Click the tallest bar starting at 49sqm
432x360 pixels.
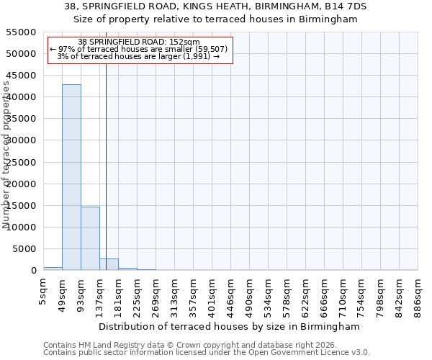click(x=71, y=177)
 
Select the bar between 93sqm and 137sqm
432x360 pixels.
click(x=90, y=238)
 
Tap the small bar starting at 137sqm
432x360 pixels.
click(x=109, y=264)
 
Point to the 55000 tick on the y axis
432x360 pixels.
click(x=22, y=32)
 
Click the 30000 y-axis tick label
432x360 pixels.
click(x=22, y=140)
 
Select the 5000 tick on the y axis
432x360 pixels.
click(x=24, y=249)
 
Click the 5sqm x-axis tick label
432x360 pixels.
click(x=44, y=290)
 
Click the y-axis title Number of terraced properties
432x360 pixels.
click(x=6, y=155)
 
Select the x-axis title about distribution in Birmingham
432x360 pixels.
click(x=228, y=326)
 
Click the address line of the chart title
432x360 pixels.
click(x=215, y=6)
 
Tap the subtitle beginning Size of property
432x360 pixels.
click(x=215, y=19)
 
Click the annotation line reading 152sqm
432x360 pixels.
click(x=139, y=42)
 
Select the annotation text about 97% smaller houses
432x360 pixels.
click(x=139, y=49)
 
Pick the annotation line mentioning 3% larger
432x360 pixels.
click(x=139, y=56)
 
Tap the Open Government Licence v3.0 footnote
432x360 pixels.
click(x=207, y=353)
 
